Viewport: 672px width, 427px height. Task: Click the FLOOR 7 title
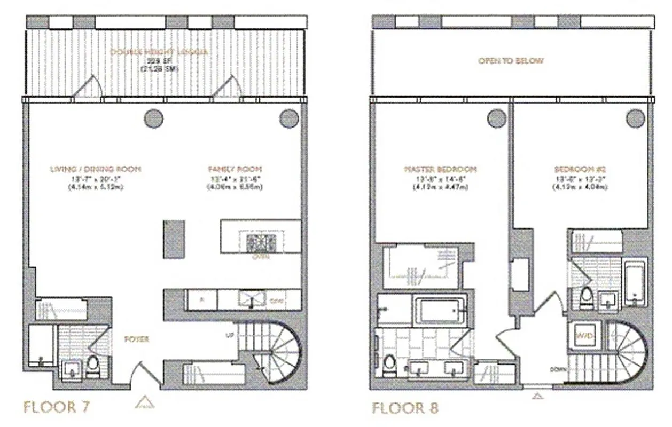click(56, 407)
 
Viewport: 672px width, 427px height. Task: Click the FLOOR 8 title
click(405, 409)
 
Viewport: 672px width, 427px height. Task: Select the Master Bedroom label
click(441, 170)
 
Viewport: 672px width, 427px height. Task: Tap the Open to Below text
click(511, 61)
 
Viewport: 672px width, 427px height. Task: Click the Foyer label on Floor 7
click(136, 339)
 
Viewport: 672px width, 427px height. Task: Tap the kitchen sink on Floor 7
click(251, 299)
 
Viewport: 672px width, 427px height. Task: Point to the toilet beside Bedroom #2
click(587, 296)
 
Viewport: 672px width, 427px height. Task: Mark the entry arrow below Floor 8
click(538, 396)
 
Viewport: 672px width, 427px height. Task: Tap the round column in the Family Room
click(289, 117)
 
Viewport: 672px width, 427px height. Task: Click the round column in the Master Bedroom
click(497, 117)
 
